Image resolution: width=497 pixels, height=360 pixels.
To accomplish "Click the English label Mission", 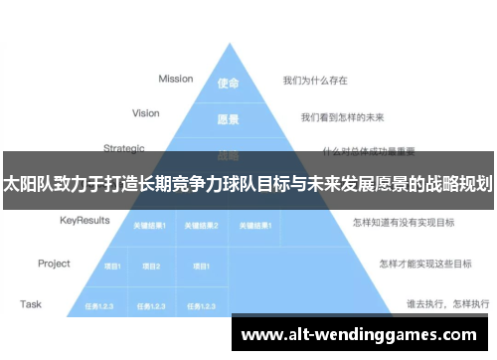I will tap(175, 79).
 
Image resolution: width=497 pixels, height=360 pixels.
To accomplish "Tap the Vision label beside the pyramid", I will tap(145, 113).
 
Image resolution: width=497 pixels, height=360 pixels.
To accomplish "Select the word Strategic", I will tap(124, 148).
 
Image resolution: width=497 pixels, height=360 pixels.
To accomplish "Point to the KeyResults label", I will tap(84, 220).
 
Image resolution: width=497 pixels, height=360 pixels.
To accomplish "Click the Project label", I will tap(54, 264).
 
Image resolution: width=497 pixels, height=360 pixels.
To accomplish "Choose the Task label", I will tap(30, 303).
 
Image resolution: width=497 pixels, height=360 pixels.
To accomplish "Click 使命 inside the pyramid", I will tap(229, 84).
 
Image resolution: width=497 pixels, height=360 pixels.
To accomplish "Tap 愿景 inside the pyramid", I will tap(229, 119).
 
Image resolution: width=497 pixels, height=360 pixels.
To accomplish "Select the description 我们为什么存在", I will tap(316, 79).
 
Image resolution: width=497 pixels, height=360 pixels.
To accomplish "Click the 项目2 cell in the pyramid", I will tap(151, 267).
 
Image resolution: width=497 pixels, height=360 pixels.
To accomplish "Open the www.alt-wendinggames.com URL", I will tap(359, 335).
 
